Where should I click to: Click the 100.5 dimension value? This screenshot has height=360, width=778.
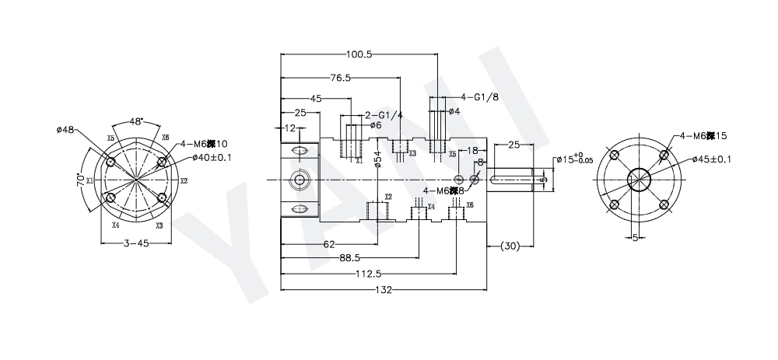[359, 54]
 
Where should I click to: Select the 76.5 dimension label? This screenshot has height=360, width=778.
[341, 78]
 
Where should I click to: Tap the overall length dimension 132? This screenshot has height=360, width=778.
[382, 290]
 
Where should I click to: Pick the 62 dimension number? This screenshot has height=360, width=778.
[328, 244]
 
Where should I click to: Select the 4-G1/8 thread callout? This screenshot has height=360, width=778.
[478, 97]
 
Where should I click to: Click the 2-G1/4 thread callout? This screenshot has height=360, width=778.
[384, 115]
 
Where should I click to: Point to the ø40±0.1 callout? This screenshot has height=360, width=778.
[212, 158]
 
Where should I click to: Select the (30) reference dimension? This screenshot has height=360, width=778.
[510, 246]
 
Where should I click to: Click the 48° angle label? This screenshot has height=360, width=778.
[136, 122]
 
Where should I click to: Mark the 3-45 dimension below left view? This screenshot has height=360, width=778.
[136, 243]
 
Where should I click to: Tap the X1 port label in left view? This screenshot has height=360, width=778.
[89, 180]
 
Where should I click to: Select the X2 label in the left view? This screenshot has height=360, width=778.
[184, 180]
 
